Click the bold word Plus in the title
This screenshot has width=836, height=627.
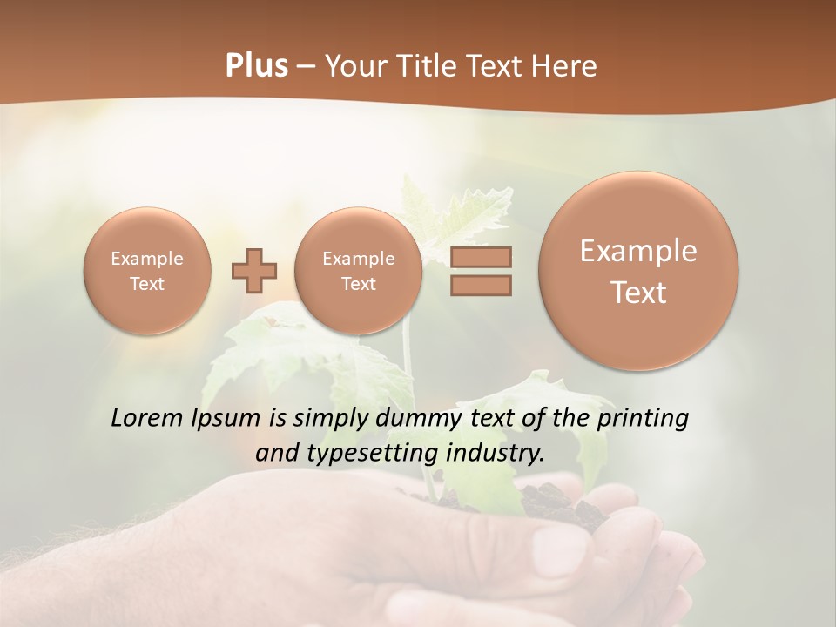[256, 66]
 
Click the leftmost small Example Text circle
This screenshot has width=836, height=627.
[147, 271]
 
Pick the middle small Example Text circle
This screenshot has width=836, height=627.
[359, 271]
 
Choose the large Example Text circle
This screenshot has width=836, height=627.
[638, 271]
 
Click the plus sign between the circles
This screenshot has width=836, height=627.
[254, 271]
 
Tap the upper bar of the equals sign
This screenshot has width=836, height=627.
[481, 257]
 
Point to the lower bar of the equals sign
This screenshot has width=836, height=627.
[481, 285]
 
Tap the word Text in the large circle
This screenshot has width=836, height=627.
[638, 293]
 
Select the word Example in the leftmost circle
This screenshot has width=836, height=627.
[147, 259]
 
